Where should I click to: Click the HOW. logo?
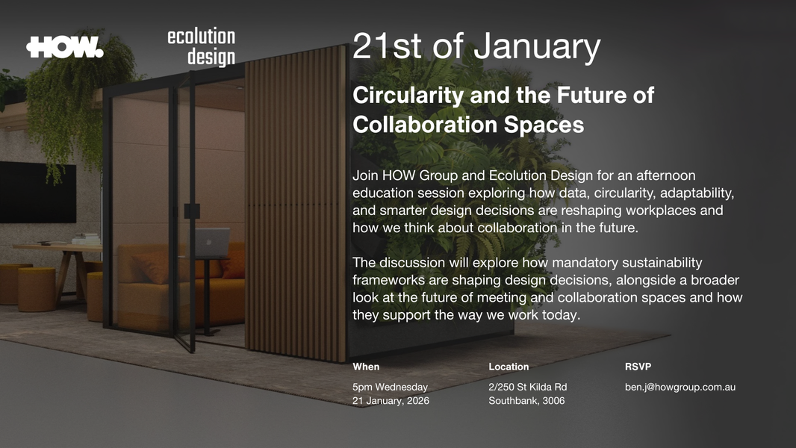click(x=65, y=47)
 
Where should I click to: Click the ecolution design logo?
click(x=201, y=47)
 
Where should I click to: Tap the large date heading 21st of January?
click(x=476, y=46)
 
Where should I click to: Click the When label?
click(x=366, y=367)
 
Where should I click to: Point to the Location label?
click(x=509, y=367)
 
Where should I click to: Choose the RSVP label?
click(x=638, y=367)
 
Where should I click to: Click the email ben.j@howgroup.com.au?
click(x=680, y=387)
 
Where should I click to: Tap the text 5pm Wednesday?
click(x=390, y=387)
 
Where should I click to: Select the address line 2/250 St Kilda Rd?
click(x=527, y=387)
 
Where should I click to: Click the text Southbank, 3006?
click(x=526, y=401)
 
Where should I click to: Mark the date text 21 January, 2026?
click(x=391, y=401)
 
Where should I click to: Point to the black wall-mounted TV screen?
click(x=37, y=192)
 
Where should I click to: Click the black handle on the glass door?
click(x=192, y=211)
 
